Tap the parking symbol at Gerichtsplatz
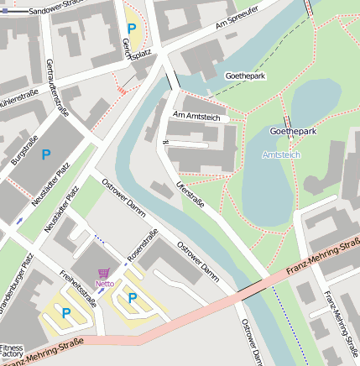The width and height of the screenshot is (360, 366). pos(131,28)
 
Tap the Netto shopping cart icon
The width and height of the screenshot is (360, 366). pos(104,273)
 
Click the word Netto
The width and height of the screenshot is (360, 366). pos(104,284)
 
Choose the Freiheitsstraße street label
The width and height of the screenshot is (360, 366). pos(77,287)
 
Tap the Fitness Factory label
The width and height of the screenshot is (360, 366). pos(11,351)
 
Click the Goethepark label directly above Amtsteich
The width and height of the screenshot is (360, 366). pos(292,132)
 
